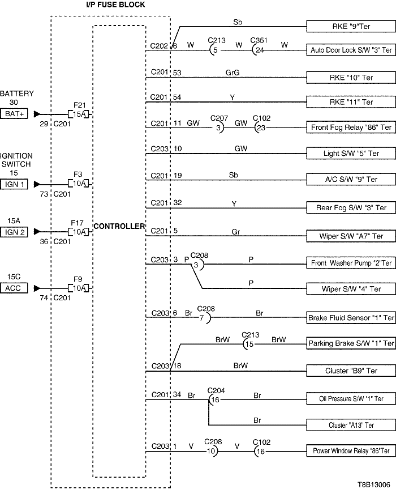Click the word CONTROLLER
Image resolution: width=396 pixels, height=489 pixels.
(119, 226)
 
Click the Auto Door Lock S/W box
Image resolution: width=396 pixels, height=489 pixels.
(350, 50)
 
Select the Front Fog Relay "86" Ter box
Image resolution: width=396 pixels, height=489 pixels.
(350, 127)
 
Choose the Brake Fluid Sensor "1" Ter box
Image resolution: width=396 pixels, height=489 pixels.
(350, 317)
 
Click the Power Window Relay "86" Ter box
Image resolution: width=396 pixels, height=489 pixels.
(350, 451)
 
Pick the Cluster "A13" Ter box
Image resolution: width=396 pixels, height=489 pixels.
(350, 425)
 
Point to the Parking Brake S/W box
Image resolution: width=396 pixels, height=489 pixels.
(350, 343)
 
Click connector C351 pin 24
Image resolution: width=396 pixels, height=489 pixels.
(260, 49)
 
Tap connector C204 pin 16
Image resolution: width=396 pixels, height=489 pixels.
(214, 399)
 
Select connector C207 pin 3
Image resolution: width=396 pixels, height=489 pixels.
(218, 127)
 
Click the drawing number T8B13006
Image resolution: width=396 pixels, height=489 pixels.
(373, 485)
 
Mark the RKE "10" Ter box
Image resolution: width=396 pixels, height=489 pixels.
(350, 76)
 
